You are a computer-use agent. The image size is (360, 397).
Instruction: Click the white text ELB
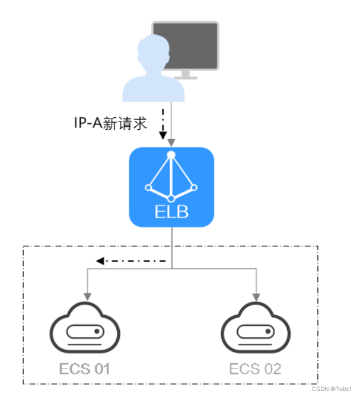point(171,212)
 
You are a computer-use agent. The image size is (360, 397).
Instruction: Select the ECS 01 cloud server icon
point(85,328)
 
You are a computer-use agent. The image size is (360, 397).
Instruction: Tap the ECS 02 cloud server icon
point(256,328)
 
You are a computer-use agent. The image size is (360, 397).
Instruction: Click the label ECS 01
point(85,369)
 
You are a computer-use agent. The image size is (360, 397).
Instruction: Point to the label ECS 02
point(256,369)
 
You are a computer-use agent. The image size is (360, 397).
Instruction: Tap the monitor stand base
point(189,76)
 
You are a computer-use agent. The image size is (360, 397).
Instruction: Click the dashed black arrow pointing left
point(130,260)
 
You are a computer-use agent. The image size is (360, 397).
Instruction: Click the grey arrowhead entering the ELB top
point(171,143)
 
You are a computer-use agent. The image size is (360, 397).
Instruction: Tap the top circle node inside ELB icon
point(171,155)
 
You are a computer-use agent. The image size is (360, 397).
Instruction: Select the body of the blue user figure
point(152,86)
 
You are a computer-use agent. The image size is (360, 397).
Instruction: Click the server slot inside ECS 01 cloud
point(85,331)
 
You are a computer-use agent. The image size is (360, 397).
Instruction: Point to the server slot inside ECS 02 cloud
point(256,331)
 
